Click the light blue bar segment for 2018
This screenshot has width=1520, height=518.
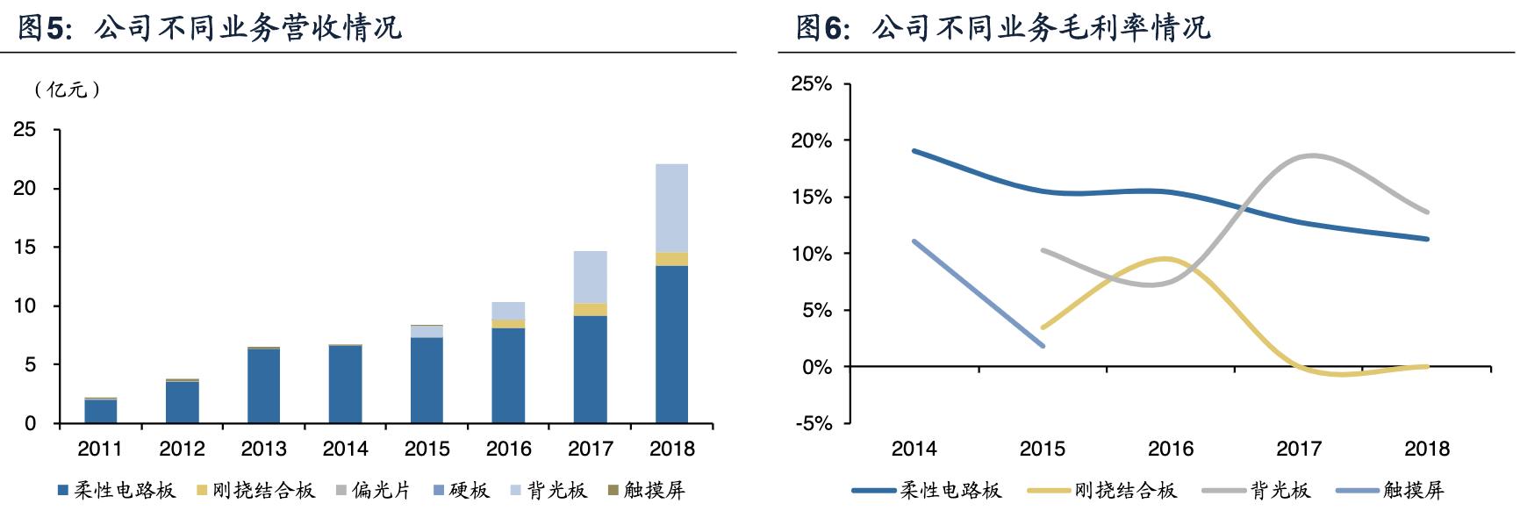pyautogui.click(x=671, y=208)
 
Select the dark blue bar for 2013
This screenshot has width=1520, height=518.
pyautogui.click(x=263, y=386)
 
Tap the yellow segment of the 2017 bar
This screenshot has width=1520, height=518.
pyautogui.click(x=590, y=310)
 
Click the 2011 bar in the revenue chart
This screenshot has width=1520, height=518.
pyautogui.click(x=100, y=411)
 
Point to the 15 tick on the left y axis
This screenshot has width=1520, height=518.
pyautogui.click(x=25, y=248)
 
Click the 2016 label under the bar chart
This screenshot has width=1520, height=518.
pyautogui.click(x=508, y=449)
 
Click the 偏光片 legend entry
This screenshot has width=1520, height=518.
pyautogui.click(x=373, y=490)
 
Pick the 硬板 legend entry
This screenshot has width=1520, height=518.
pyautogui.click(x=461, y=490)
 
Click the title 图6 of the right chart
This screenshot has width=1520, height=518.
pyautogui.click(x=1002, y=28)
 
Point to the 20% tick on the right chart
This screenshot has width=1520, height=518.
pyautogui.click(x=811, y=140)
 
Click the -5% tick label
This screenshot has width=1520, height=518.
pyautogui.click(x=813, y=423)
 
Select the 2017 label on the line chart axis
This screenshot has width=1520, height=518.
pyautogui.click(x=1298, y=449)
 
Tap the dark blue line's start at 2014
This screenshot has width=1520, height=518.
pyautogui.click(x=914, y=151)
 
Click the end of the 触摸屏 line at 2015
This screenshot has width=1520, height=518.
pyautogui.click(x=1043, y=345)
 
